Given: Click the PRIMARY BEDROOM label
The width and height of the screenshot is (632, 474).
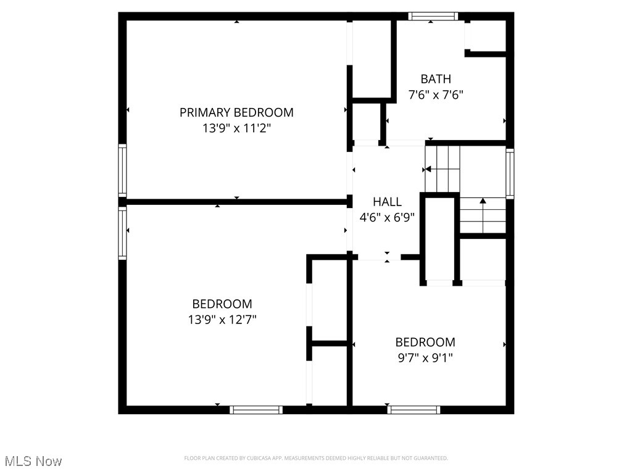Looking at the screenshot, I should pyautogui.click(x=236, y=112).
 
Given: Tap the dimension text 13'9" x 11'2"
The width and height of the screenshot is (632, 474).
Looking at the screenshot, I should pyautogui.click(x=236, y=128).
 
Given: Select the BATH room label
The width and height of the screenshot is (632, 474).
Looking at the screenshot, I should pyautogui.click(x=436, y=79).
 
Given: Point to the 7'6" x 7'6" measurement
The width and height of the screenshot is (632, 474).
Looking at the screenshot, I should pyautogui.click(x=436, y=95).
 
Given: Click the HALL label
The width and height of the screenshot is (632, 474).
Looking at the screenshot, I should pyautogui.click(x=387, y=202).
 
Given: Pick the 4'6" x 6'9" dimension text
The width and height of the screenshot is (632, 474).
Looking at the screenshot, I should pyautogui.click(x=387, y=217).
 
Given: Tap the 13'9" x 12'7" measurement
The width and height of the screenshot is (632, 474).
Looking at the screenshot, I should pyautogui.click(x=222, y=320).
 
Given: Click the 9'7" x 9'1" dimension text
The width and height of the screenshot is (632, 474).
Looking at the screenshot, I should pyautogui.click(x=425, y=358).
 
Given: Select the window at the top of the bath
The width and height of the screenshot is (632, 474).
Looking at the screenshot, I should pyautogui.click(x=433, y=17).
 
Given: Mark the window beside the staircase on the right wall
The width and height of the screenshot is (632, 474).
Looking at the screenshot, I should pyautogui.click(x=510, y=173).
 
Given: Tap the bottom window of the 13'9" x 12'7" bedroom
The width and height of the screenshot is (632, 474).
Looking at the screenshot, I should pyautogui.click(x=256, y=409).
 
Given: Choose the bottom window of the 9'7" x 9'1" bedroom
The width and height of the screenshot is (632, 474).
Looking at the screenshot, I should pyautogui.click(x=414, y=409).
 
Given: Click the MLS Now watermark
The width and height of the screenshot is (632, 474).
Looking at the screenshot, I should pyautogui.click(x=33, y=461).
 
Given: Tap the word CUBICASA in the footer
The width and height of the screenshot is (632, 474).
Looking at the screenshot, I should pyautogui.click(x=276, y=458).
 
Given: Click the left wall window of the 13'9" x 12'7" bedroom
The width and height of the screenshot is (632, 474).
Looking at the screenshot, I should pyautogui.click(x=122, y=233).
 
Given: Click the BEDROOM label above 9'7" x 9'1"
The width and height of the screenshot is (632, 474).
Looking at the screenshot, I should pyautogui.click(x=425, y=342).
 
